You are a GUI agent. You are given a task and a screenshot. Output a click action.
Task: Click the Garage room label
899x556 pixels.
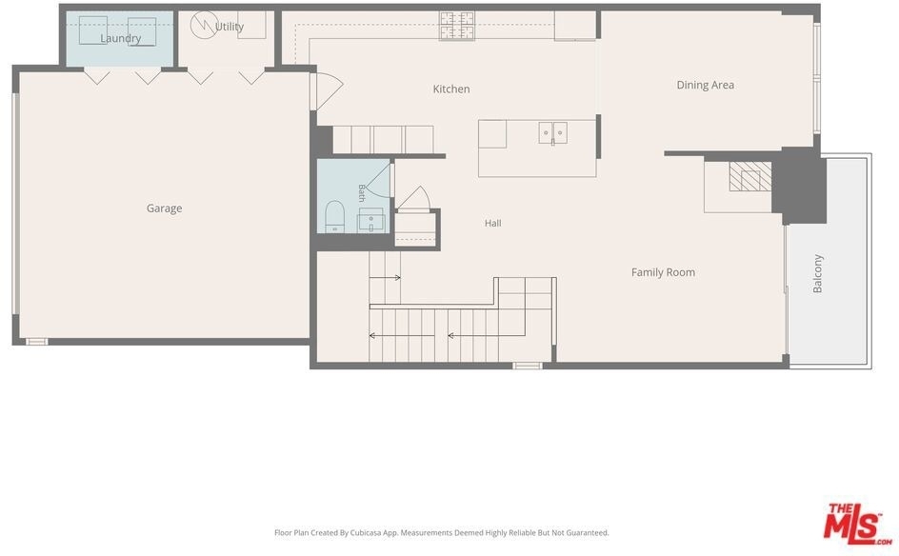tap(164, 208)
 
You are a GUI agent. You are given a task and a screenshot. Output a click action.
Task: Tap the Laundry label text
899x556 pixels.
tap(120, 38)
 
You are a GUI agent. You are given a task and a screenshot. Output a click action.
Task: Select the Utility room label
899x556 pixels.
tap(230, 27)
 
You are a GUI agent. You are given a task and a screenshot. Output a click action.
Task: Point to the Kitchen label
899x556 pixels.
tap(451, 89)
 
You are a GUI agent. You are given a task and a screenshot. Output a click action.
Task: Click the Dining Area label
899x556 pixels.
tap(706, 85)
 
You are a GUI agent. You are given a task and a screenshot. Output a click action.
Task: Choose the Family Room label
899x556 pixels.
tap(664, 272)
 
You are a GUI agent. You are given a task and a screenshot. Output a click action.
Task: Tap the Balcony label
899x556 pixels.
tap(818, 273)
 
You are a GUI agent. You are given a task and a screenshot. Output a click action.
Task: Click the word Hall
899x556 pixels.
tap(493, 223)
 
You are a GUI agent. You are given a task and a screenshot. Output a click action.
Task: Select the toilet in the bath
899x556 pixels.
tap(334, 217)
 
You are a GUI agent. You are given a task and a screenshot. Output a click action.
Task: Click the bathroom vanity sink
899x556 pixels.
tap(371, 220)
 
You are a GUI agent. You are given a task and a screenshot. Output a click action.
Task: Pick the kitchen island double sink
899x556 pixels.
tap(552, 133)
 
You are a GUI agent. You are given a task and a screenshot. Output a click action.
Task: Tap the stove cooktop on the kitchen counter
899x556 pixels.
tap(457, 25)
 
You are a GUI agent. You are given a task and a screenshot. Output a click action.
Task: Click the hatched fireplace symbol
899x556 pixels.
tap(749, 176)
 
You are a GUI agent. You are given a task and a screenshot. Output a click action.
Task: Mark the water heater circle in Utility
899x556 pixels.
tap(204, 25)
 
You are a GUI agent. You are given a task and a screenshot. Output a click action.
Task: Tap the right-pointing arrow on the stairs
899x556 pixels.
tap(386, 277)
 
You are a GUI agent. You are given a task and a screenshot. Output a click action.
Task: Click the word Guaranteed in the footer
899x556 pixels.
tap(587, 532)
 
